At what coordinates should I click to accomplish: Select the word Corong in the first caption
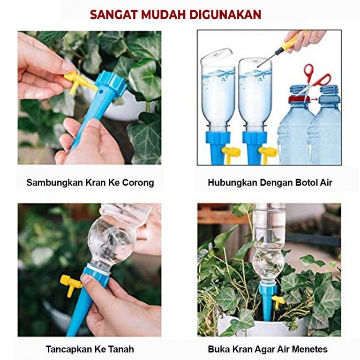tap(138, 183)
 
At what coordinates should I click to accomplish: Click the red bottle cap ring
tap(299, 99)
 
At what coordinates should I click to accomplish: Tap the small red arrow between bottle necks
tap(315, 99)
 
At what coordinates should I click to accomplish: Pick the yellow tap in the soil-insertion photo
tap(70, 285)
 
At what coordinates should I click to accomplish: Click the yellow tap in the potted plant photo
tap(278, 300)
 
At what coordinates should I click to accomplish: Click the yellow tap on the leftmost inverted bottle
tap(231, 153)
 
